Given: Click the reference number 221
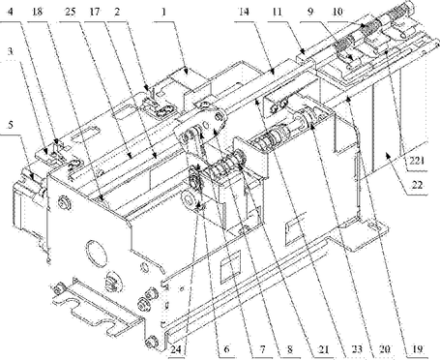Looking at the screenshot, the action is click(416, 161).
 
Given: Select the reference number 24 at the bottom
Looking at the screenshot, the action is click(177, 349).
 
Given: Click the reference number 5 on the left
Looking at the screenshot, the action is click(11, 125).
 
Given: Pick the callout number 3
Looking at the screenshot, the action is click(11, 51).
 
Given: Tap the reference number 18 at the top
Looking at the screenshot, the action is click(38, 13).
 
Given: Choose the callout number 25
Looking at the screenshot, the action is click(71, 13).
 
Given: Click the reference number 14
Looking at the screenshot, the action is click(244, 13).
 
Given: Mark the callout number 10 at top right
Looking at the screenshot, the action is click(337, 13).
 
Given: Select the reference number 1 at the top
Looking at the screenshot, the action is click(163, 13).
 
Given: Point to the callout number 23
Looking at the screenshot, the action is click(356, 348).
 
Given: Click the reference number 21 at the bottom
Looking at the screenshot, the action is click(323, 349).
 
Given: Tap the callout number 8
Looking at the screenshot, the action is click(290, 349).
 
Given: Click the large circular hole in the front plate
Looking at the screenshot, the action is click(96, 253).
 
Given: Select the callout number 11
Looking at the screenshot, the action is click(277, 13).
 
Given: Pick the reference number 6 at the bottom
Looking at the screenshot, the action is click(226, 349).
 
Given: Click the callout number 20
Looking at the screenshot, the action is click(385, 348).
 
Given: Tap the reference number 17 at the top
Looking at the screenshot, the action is click(95, 13).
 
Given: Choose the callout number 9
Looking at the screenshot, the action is click(309, 13).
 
